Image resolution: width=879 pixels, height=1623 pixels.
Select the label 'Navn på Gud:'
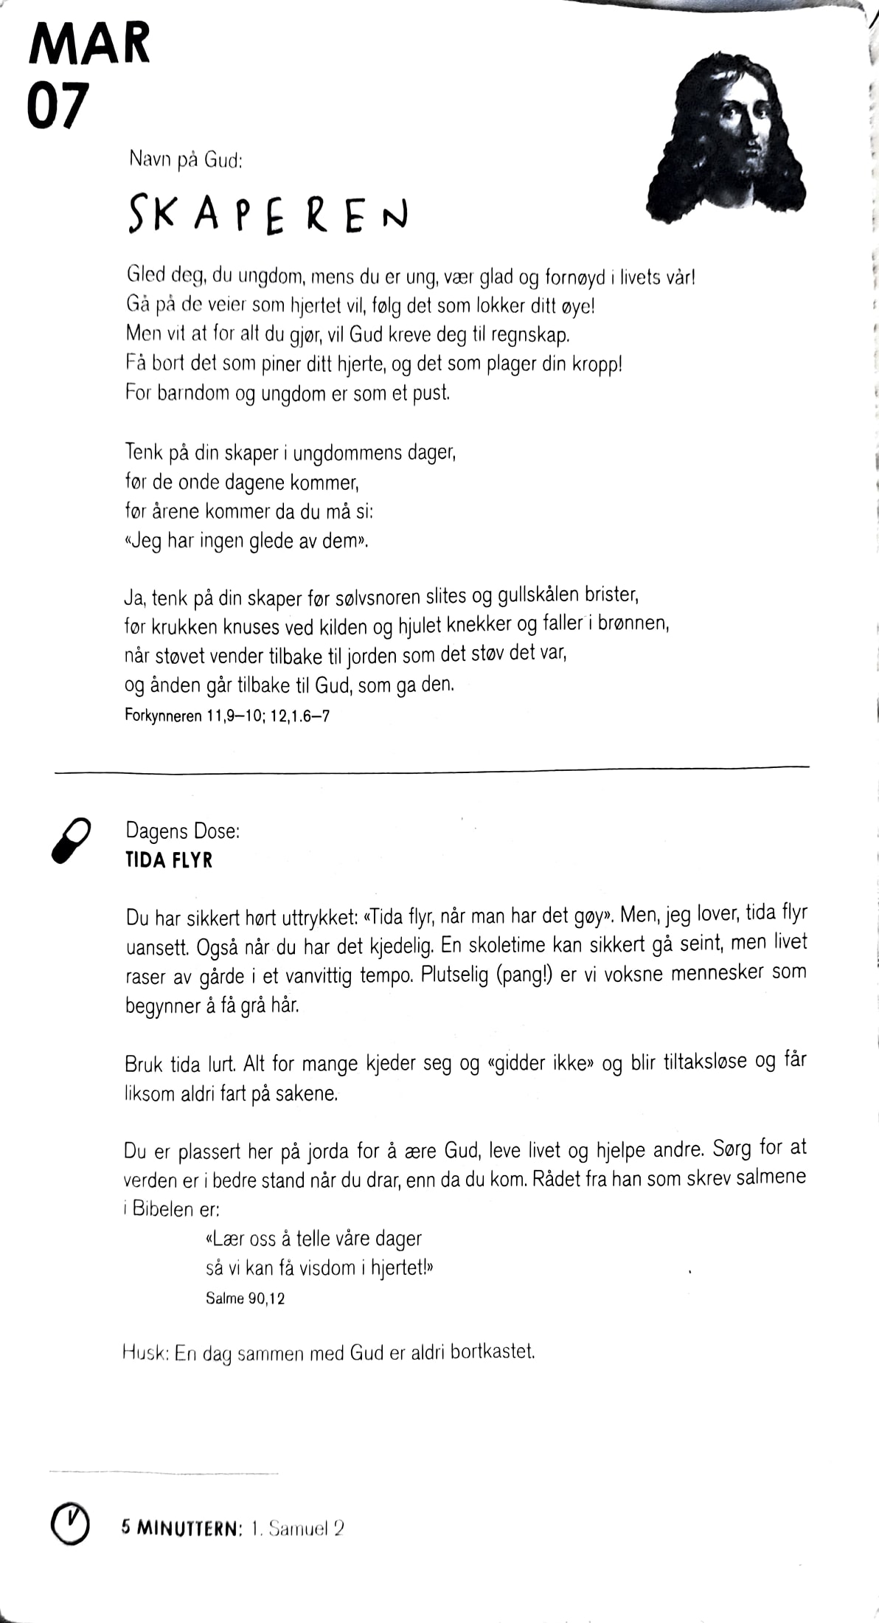tap(186, 159)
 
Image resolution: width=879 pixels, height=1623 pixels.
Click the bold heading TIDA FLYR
tap(169, 860)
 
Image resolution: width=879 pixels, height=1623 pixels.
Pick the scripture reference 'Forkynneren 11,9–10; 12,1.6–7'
tap(227, 716)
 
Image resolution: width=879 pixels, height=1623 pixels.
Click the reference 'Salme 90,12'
tap(245, 1298)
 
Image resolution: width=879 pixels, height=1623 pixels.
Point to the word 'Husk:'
tap(145, 1352)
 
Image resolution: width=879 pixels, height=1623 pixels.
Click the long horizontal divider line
tap(431, 769)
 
